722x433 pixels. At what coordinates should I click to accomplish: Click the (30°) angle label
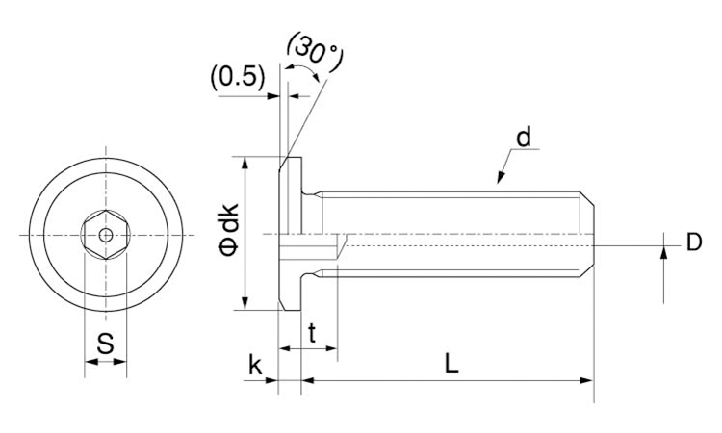coord(316,51)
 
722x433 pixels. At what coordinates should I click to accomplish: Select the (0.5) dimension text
coord(238,76)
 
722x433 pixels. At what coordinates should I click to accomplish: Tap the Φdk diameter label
coord(229,229)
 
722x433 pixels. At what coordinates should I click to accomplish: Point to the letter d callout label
coord(524,137)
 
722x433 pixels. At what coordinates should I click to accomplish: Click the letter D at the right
coord(694,242)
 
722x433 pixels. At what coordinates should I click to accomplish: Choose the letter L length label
coord(451,364)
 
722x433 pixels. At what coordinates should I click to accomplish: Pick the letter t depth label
coord(312,334)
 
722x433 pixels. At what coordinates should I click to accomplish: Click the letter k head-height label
coord(255,365)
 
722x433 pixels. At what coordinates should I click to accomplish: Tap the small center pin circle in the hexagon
coord(106,235)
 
